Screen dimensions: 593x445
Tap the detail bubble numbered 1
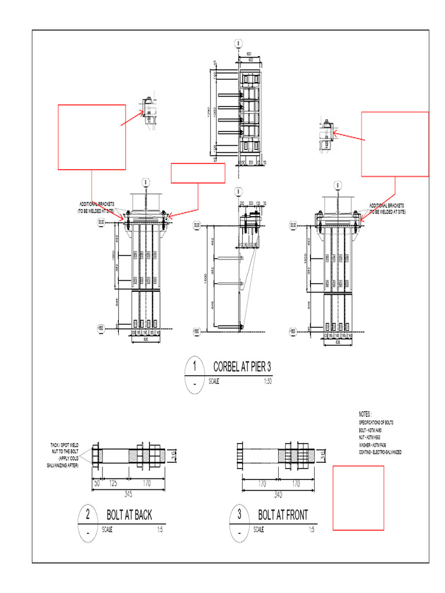point(195,367)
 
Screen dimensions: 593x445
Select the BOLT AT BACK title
point(129,514)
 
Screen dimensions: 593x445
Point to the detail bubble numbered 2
point(88,514)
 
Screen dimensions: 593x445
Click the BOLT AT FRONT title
point(283,514)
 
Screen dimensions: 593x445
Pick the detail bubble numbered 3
point(239,514)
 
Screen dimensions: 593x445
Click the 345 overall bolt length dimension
point(128,494)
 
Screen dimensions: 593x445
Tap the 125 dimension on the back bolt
point(113,482)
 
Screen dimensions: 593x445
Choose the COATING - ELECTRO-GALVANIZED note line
point(380,452)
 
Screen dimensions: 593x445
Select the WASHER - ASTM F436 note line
point(376,445)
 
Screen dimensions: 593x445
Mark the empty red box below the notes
point(358,498)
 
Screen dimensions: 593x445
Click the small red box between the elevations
point(198,173)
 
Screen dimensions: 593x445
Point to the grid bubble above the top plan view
point(238,43)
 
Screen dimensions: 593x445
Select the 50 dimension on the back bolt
point(96,482)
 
